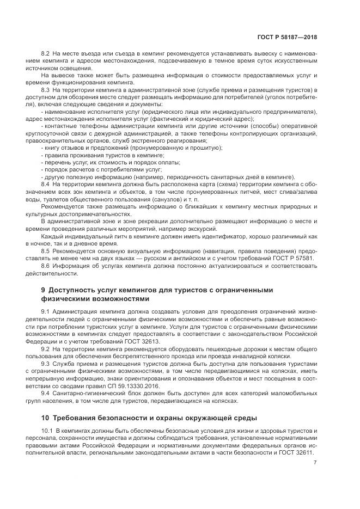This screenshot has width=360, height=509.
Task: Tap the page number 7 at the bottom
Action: pos(315,463)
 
